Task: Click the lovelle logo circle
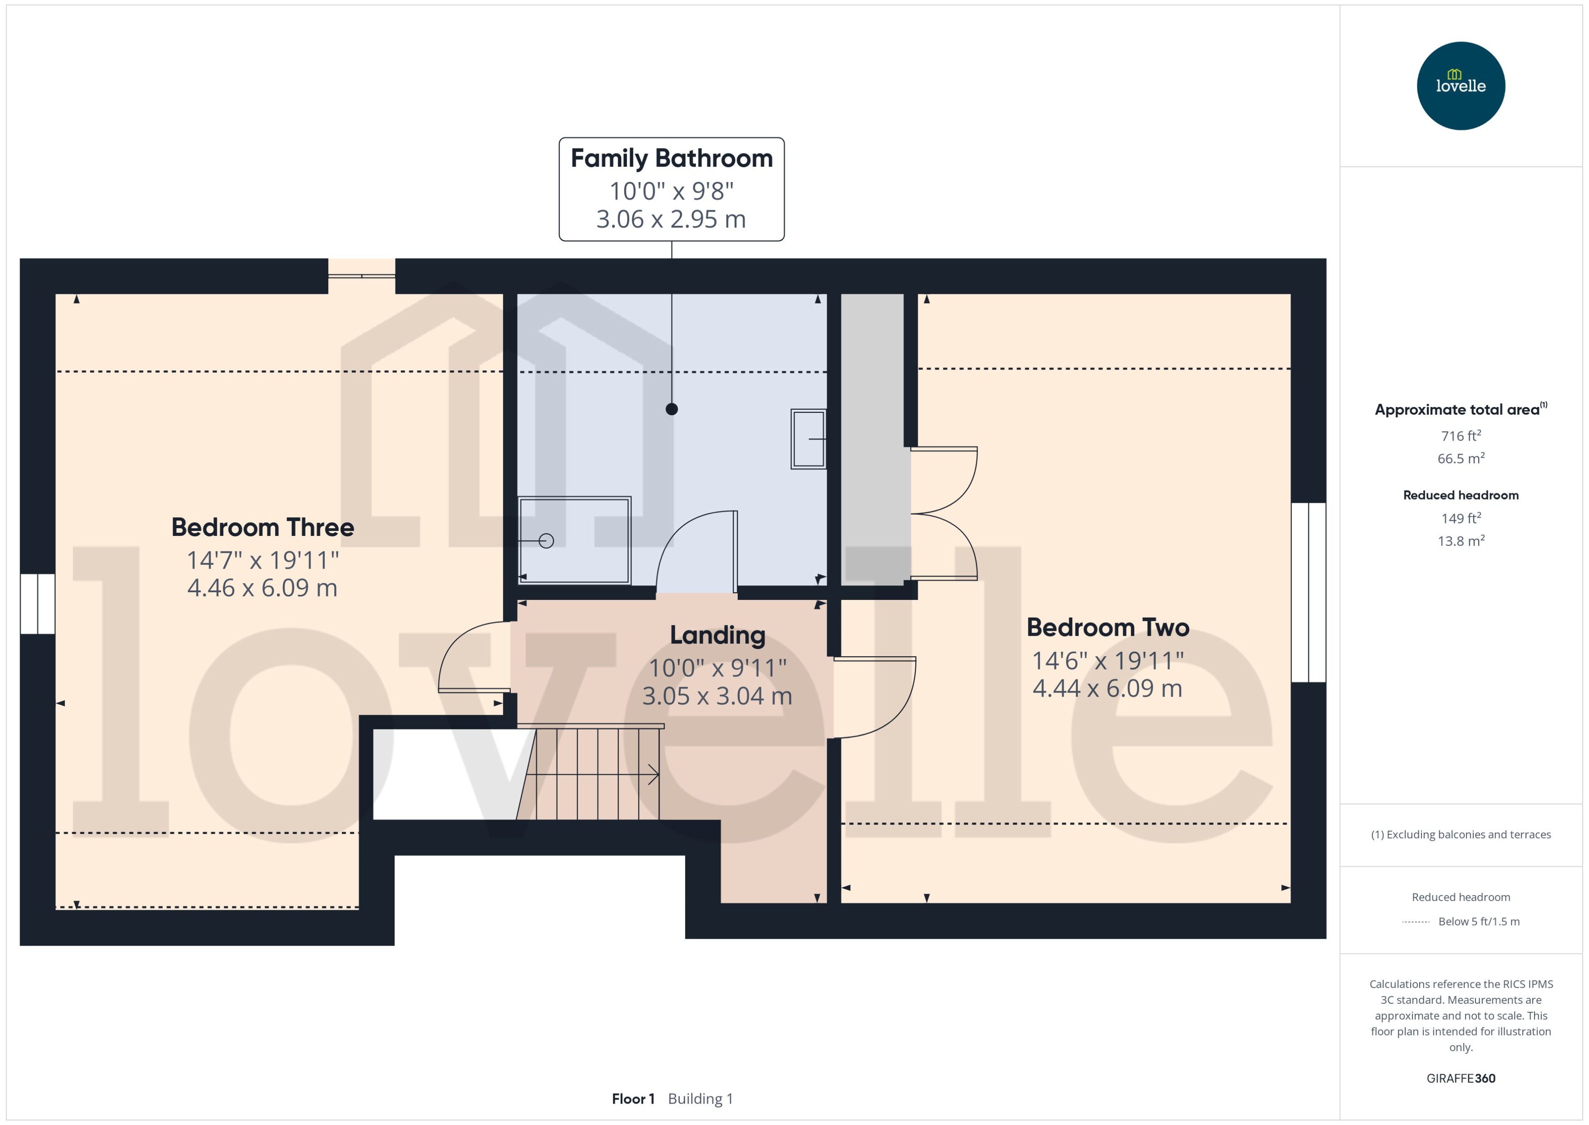[1460, 86]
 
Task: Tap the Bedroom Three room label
[262, 527]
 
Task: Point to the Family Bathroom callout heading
[671, 159]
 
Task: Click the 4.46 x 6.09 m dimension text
[262, 588]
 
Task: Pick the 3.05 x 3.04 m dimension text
[717, 695]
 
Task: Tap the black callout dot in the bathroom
[671, 409]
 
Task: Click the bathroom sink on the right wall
[808, 439]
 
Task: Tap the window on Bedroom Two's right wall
[1308, 592]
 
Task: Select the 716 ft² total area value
[1460, 436]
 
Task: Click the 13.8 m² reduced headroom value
[1460, 541]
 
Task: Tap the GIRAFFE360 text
[1460, 1078]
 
